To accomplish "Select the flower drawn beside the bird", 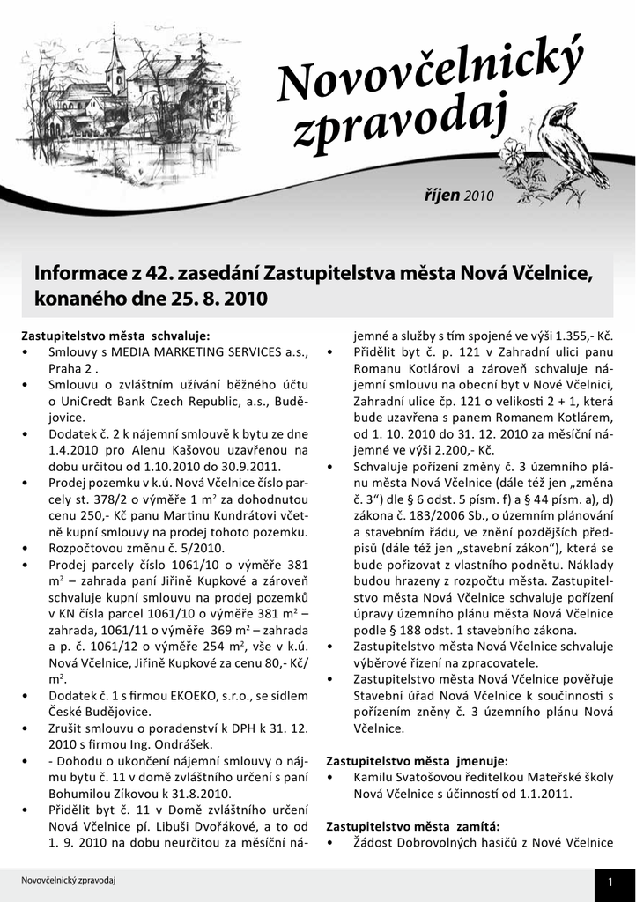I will tap(512, 157).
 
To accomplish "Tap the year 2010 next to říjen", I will tap(480, 196).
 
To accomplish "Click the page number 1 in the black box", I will tap(609, 882).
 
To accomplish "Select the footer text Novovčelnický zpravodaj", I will tap(70, 880).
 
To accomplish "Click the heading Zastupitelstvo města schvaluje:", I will tap(115, 336).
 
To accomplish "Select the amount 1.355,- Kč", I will tap(580, 336).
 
